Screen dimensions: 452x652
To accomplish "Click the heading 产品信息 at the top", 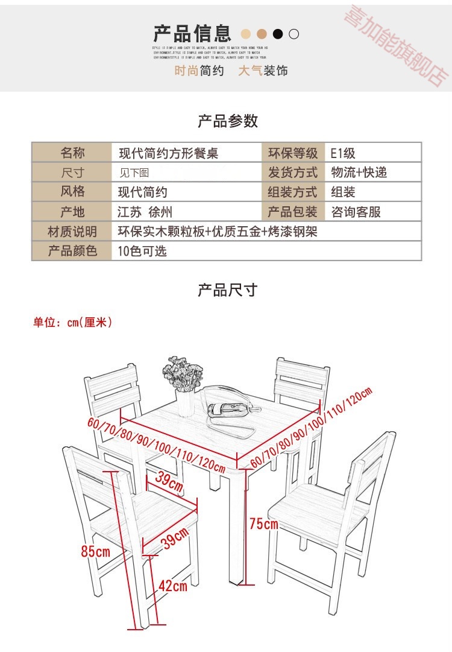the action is (x=192, y=33).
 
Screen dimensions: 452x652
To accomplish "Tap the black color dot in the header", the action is (x=278, y=34).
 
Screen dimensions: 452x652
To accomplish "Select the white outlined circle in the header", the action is (x=293, y=34).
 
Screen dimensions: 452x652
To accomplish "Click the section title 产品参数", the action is (x=228, y=121).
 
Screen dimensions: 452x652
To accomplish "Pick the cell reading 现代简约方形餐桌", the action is (x=168, y=153).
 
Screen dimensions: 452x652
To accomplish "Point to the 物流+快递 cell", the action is (x=359, y=172).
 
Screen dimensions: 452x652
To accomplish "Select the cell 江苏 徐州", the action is (x=145, y=212).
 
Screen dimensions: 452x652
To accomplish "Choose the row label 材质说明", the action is (x=72, y=232).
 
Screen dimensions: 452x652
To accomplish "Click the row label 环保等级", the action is (x=292, y=153).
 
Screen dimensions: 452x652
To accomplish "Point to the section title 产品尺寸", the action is (x=228, y=290).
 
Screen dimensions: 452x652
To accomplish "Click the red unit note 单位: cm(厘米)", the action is (x=72, y=323).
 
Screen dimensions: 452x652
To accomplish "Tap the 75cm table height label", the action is (x=263, y=524).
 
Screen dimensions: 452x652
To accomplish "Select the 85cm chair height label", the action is (x=95, y=551).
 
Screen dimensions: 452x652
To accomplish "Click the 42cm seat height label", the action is (x=172, y=585).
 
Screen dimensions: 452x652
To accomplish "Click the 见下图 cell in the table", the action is (x=134, y=173).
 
